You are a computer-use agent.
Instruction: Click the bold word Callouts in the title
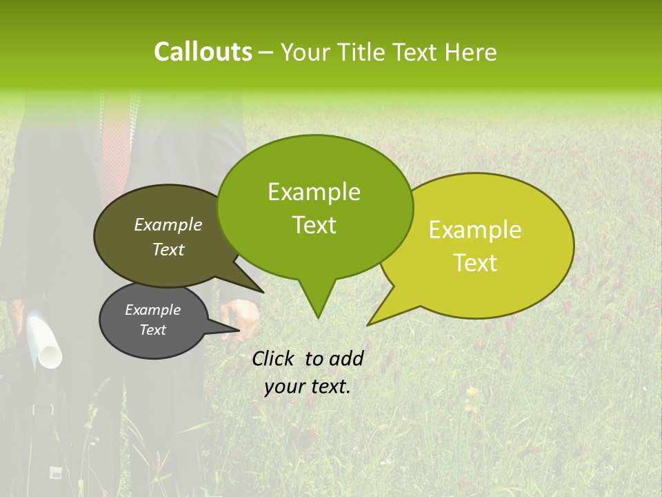[x=203, y=52]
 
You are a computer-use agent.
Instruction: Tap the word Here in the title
[x=472, y=52]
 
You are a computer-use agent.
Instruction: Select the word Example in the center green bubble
[x=314, y=192]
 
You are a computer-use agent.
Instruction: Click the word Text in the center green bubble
[x=314, y=224]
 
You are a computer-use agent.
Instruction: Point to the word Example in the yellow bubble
[x=475, y=230]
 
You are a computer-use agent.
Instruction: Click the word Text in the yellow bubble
[x=476, y=262]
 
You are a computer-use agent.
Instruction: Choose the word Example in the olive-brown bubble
[x=168, y=224]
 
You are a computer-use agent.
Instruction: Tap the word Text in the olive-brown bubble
[x=168, y=249]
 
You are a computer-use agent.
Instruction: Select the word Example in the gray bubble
[x=153, y=310]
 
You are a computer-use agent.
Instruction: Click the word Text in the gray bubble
[x=153, y=330]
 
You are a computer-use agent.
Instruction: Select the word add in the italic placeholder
[x=346, y=358]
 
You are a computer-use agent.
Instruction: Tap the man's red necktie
[x=116, y=138]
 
